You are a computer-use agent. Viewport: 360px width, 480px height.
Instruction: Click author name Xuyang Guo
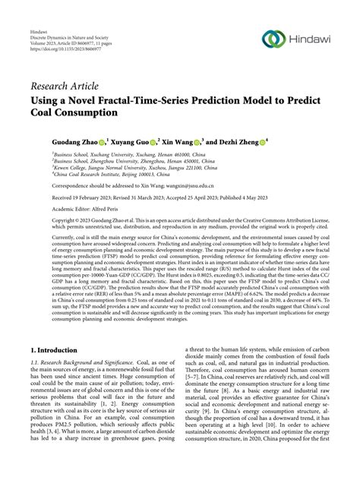(x=137, y=141)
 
